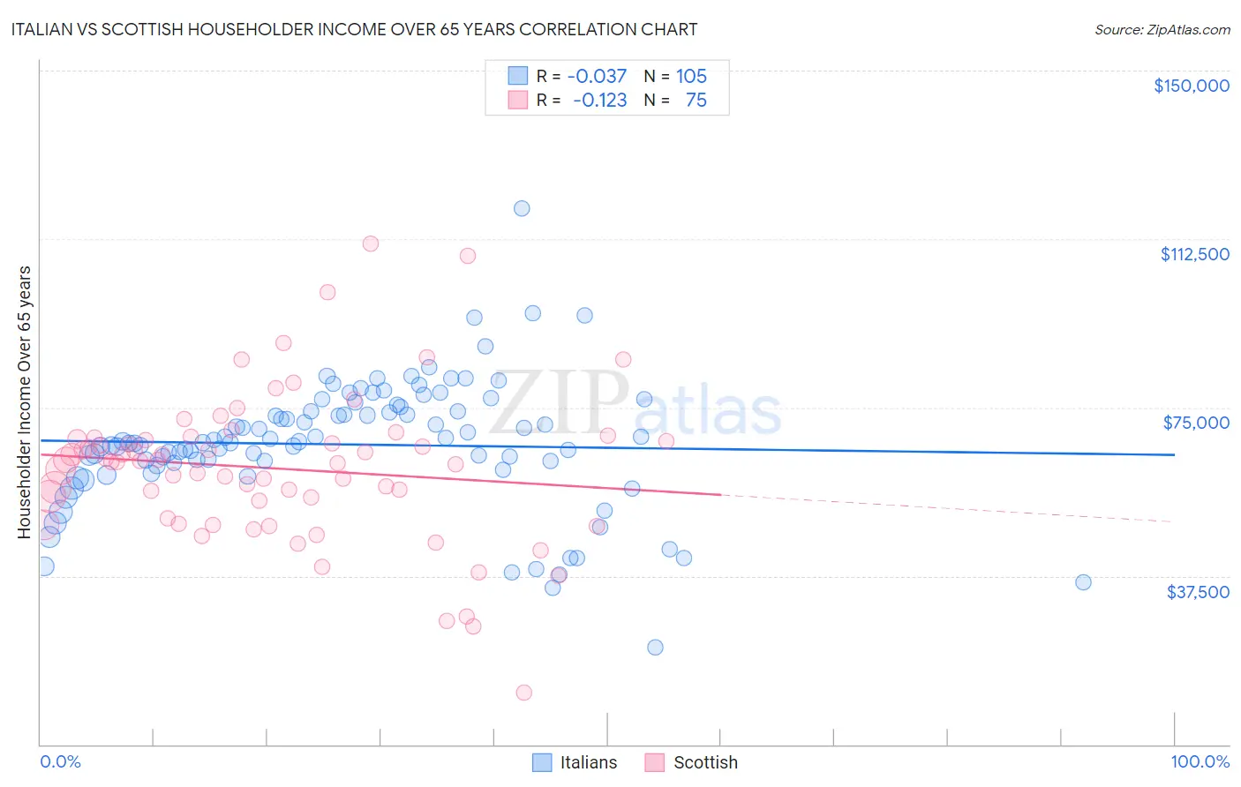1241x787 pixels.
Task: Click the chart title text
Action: [x=353, y=29]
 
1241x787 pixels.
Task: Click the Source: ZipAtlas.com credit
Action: [x=1162, y=29]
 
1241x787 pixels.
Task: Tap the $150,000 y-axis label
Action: [x=1191, y=86]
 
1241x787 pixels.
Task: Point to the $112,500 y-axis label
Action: [x=1194, y=254]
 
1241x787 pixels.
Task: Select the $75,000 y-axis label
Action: [x=1196, y=423]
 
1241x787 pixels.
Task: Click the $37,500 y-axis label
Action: [x=1198, y=592]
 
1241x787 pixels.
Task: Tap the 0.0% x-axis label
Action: [x=60, y=761]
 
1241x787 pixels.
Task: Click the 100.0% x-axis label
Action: [x=1200, y=761]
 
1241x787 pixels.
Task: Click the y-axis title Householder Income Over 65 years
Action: [x=24, y=401]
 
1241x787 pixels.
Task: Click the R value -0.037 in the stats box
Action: [x=597, y=76]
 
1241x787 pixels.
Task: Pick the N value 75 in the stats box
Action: [x=696, y=100]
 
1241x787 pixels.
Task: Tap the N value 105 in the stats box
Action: [x=691, y=76]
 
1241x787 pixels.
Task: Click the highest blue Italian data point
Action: [x=522, y=208]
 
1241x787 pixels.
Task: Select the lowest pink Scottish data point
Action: [x=523, y=693]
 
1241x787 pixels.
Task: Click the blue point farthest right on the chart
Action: [x=1083, y=582]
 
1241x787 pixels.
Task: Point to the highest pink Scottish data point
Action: [x=371, y=244]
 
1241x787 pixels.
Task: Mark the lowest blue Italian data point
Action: [x=655, y=647]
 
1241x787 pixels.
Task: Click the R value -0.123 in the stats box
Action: [x=599, y=100]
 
